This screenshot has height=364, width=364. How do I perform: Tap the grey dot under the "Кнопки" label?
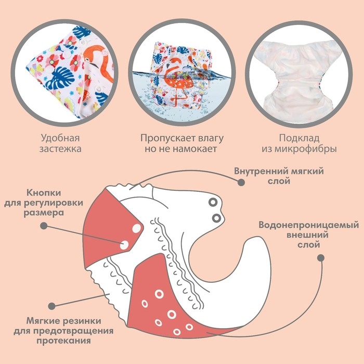pyautogui.click(x=44, y=226)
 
